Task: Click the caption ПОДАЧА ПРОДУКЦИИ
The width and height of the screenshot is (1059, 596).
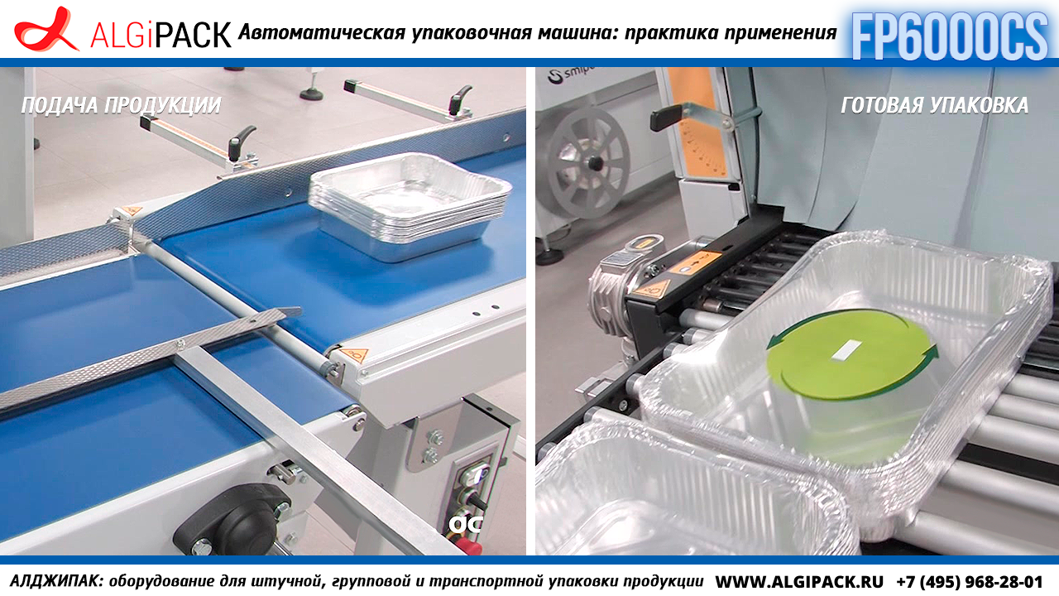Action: point(121,105)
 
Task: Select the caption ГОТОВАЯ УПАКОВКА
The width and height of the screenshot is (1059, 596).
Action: point(935,105)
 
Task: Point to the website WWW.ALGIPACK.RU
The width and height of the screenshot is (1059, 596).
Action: point(799,581)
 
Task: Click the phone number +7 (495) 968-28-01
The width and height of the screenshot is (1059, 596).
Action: point(970,581)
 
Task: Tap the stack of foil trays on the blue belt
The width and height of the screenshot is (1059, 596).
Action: point(410,206)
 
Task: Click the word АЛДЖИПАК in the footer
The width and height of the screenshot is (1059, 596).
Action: point(55,581)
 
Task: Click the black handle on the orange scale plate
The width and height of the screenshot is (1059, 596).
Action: point(667,118)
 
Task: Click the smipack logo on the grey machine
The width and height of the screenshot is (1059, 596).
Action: point(571,74)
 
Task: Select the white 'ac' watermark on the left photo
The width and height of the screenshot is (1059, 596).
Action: point(466,524)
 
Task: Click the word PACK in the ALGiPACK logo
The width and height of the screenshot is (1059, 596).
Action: point(194,35)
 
